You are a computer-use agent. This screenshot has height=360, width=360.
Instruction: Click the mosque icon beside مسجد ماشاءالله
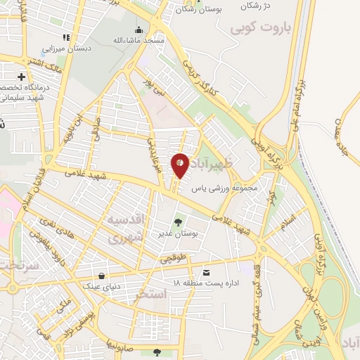point(139,30)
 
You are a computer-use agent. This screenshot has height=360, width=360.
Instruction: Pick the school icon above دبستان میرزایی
point(66,37)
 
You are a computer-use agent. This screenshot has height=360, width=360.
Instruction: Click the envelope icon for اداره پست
point(206,272)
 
